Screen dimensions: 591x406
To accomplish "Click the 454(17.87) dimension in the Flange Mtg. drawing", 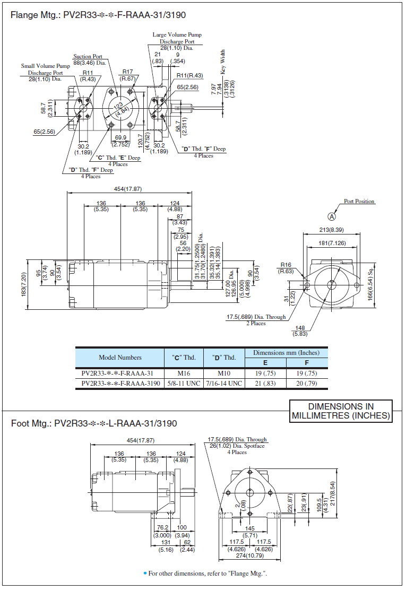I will point(128,189).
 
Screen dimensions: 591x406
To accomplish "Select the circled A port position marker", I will point(332,216).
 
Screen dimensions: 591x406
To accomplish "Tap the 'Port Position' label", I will point(359,202).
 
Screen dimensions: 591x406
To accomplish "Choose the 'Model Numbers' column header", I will point(120,358).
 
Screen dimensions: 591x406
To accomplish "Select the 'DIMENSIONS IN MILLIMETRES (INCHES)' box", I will point(341,411).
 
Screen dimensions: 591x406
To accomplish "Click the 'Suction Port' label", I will point(88,57).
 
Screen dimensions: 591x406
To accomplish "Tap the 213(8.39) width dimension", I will point(331,230).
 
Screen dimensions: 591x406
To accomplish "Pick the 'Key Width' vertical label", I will point(223,62).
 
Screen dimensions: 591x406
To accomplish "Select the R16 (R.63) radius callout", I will point(286,267).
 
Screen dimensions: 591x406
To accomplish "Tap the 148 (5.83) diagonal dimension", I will point(300,331).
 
